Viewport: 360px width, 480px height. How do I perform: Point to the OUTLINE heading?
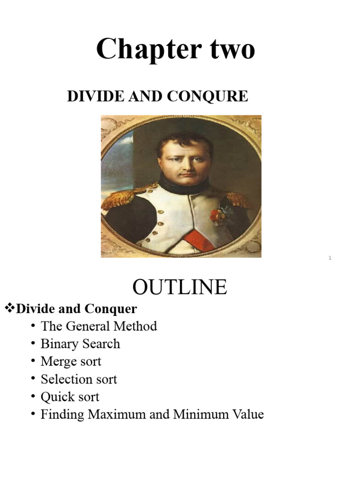pyautogui.click(x=180, y=287)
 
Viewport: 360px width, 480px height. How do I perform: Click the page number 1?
pyautogui.click(x=330, y=258)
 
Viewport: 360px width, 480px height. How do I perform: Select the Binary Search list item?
pyautogui.click(x=80, y=344)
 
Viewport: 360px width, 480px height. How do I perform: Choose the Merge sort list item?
pyautogui.click(x=71, y=361)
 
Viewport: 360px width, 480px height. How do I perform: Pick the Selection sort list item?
pyautogui.click(x=79, y=379)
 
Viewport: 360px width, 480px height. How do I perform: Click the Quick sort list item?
pyautogui.click(x=70, y=397)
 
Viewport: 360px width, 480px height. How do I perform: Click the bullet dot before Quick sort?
pyautogui.click(x=33, y=397)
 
